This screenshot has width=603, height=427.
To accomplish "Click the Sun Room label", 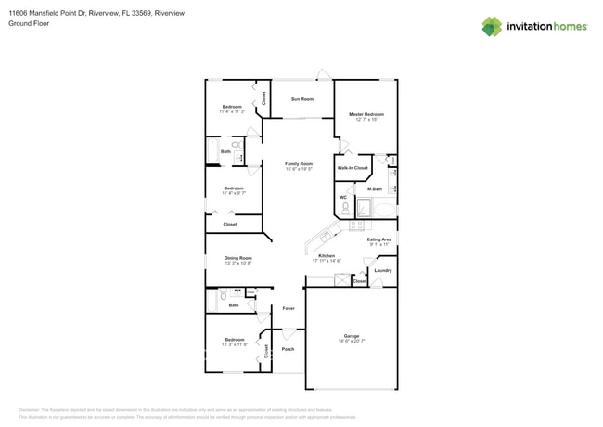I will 301,99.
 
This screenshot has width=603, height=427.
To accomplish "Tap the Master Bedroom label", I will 366,114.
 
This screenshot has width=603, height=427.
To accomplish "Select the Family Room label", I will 298,163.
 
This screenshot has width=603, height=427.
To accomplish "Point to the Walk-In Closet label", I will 353,168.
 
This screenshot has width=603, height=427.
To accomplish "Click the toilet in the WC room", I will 344,208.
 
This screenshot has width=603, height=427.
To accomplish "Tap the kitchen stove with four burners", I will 358,225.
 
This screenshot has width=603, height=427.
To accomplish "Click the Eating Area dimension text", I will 379,245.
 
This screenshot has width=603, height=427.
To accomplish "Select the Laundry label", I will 383,271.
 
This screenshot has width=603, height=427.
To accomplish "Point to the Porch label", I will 288,349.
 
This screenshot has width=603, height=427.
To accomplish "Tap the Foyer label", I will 289,307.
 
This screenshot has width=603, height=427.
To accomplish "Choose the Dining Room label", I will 237,258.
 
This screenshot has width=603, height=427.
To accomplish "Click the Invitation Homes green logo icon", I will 492,27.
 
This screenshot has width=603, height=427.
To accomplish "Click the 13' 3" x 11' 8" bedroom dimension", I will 234,344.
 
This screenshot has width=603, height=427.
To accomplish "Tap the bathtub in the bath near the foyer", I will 211,300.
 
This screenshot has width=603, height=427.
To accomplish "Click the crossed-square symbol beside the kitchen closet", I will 341,280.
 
